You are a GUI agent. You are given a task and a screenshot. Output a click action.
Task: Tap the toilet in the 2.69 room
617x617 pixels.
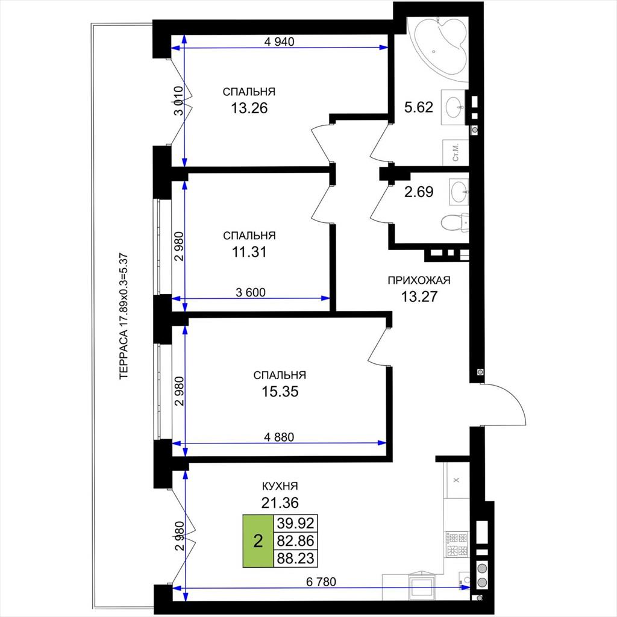coord(456,222)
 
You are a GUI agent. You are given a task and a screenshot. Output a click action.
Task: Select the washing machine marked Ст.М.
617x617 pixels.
coord(456,152)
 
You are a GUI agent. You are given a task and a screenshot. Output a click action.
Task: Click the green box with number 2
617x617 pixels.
coord(258,541)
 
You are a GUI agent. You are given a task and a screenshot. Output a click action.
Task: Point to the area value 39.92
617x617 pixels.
coord(295,524)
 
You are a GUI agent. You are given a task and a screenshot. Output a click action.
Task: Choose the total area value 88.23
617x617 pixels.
coord(295,558)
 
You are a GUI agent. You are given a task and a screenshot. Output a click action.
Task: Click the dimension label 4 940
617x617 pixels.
coord(279,42)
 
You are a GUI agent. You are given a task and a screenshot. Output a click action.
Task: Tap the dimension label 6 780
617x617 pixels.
coord(321,581)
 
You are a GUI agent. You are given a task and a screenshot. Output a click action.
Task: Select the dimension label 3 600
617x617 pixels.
coord(251,292)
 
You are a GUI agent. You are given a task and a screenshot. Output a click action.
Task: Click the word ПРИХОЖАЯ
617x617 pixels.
coord(419,280)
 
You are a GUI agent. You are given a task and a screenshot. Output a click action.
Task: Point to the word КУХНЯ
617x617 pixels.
coord(280,486)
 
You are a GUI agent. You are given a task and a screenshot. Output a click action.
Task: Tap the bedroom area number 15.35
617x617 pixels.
coord(280,392)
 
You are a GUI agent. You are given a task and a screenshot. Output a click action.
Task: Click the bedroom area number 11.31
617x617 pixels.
coord(249,252)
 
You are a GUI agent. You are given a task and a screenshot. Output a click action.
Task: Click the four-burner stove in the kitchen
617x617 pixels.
coord(457,544)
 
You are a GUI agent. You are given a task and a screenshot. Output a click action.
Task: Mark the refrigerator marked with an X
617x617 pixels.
coord(457,480)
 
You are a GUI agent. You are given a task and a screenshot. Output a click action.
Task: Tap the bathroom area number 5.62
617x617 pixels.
coord(419,107)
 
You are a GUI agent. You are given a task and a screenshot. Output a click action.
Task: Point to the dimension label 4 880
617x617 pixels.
coord(279,437)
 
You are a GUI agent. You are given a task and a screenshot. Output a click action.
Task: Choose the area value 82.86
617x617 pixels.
coord(295,540)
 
